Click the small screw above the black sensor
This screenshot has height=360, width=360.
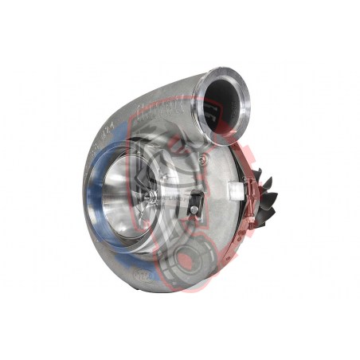point(203,159)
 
